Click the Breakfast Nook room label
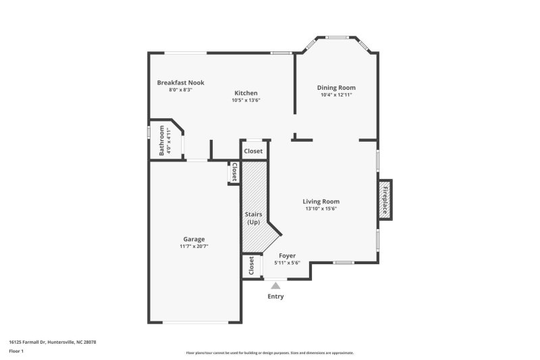tap(180, 82)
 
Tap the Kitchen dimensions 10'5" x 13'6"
tap(246, 100)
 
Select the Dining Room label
tap(336, 88)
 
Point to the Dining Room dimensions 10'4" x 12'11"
tap(336, 95)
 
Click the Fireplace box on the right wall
tap(385, 200)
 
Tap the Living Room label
tap(321, 201)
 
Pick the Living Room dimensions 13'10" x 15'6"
tap(321, 209)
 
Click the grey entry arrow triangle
tap(275, 286)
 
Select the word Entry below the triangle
tap(275, 297)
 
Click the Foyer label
tap(288, 256)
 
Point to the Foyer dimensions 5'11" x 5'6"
tap(288, 263)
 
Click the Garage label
tap(194, 239)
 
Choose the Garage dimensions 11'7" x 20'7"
tap(194, 247)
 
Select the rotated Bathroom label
tap(162, 140)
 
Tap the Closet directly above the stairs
tap(253, 151)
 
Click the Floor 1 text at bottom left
tap(16, 352)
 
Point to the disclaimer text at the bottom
tap(269, 353)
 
